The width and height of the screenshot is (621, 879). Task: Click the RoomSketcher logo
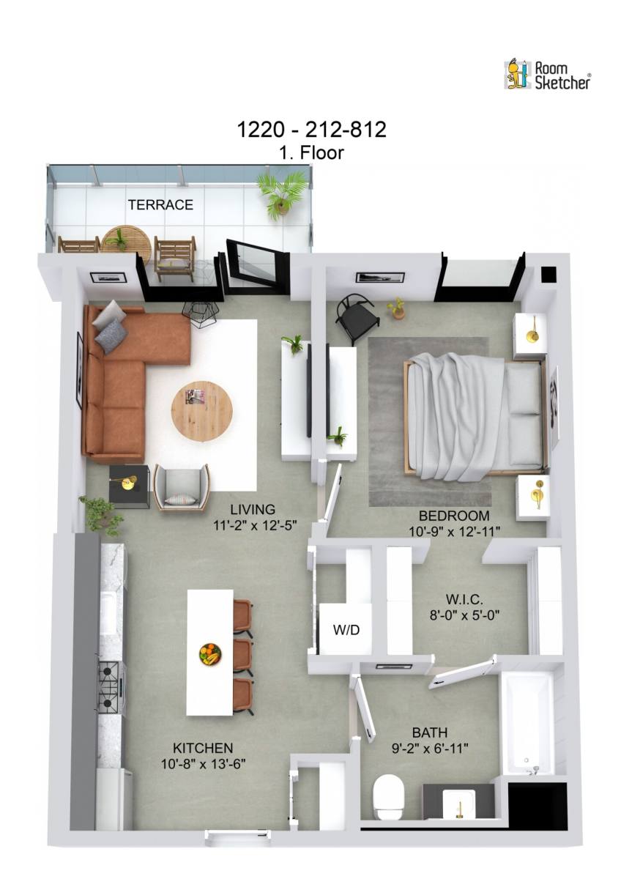coord(547,74)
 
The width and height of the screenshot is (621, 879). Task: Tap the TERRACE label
coord(160,205)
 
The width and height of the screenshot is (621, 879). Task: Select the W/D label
coord(346,629)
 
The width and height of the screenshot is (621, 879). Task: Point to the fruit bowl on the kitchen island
coord(210,653)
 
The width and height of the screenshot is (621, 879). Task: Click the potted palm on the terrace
coord(283,192)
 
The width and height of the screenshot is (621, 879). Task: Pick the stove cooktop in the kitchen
coord(108,686)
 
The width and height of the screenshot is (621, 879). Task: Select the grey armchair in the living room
coord(181,487)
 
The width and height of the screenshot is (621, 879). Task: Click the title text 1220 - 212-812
coord(310,130)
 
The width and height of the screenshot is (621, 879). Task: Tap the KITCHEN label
coord(203,748)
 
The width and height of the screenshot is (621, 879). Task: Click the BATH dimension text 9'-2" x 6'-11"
coord(429,748)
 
